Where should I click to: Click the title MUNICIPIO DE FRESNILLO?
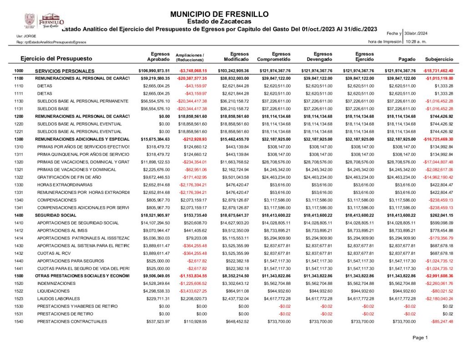click(x=219, y=14)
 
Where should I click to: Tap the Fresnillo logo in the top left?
click(x=44, y=20)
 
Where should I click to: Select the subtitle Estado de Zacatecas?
click(x=219, y=21)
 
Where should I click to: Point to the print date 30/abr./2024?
click(x=416, y=34)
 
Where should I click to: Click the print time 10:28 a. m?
click(x=415, y=41)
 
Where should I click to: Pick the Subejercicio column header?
click(x=439, y=60)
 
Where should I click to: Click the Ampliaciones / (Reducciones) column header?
click(x=190, y=57)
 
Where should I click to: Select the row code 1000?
click(x=19, y=71)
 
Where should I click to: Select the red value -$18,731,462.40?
click(x=438, y=71)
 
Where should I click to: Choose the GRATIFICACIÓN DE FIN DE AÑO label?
click(x=69, y=177)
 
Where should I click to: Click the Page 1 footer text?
click(x=420, y=338)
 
